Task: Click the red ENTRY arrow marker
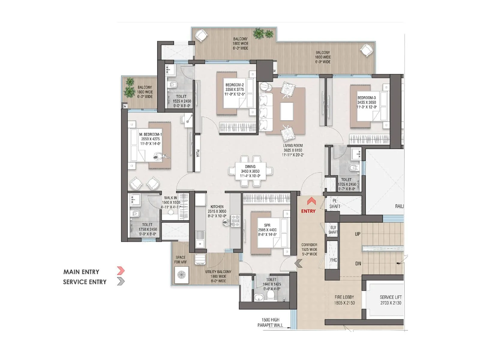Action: coord(311,201)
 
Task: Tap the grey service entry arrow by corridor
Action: coord(298,263)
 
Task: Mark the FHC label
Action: coord(334,260)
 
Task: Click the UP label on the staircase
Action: coord(358,234)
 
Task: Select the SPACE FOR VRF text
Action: coord(180,259)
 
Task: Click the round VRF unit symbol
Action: coord(181,275)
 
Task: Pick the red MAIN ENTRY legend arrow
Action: coord(120,271)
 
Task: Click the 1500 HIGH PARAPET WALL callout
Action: coord(270,322)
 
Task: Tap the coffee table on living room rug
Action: coord(287,111)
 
